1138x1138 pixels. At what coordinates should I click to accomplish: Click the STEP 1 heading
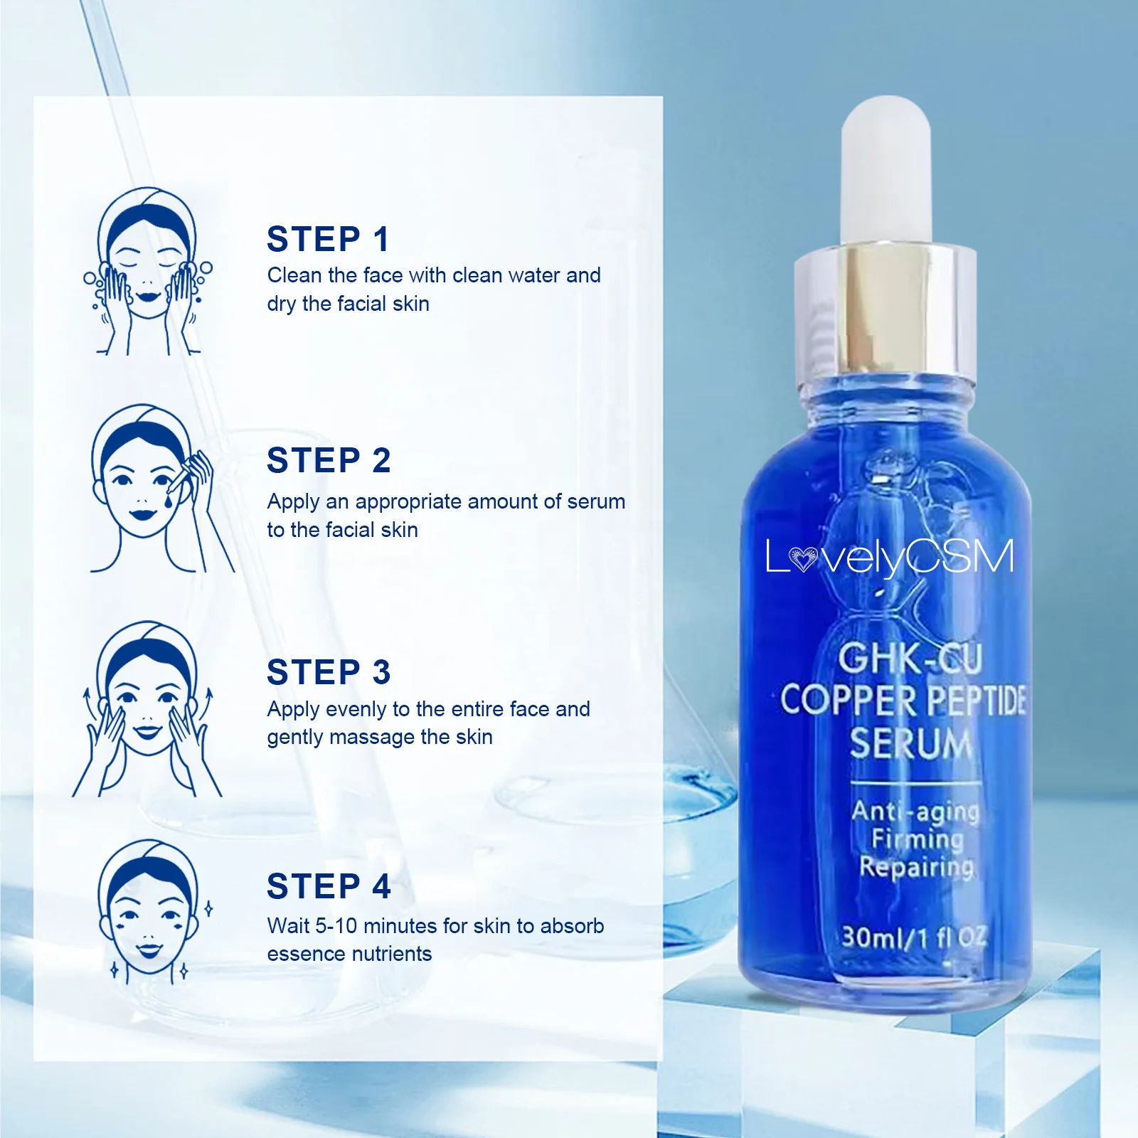click(328, 240)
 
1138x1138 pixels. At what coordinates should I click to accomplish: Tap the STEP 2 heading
click(329, 461)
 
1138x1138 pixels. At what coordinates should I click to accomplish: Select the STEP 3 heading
click(329, 673)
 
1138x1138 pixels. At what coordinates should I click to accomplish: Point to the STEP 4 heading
click(329, 887)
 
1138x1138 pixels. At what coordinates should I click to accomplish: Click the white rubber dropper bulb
click(886, 171)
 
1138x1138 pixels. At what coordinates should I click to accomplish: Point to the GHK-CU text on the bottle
click(910, 658)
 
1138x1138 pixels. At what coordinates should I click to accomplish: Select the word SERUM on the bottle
click(910, 743)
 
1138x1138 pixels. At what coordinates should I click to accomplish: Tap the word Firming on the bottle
click(918, 839)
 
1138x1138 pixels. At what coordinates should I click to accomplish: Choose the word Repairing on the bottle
click(916, 867)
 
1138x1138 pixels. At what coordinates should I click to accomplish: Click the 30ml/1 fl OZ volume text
click(914, 937)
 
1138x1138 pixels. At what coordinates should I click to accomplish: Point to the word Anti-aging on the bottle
click(915, 811)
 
